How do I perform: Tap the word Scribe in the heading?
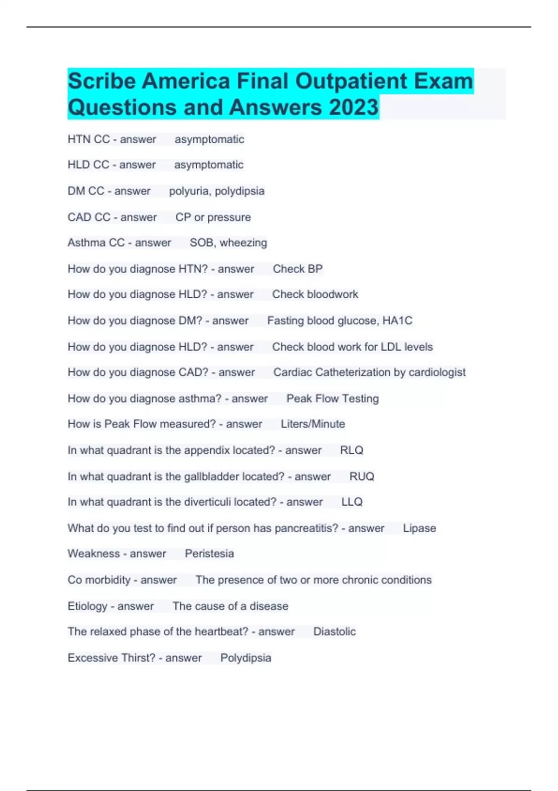point(102,81)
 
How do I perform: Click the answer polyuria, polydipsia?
point(217,191)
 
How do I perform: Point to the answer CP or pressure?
point(213,217)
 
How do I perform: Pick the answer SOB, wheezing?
point(228,243)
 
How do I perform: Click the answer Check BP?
point(298,269)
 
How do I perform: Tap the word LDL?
point(391,347)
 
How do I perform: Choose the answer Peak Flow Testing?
point(332,399)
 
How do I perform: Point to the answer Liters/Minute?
point(313,424)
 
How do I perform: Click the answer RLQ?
point(352,450)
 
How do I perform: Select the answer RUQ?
point(362,476)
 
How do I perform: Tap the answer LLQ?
point(352,502)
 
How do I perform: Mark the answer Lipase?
point(419,529)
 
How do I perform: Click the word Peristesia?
point(209,554)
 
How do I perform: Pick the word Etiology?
point(87,606)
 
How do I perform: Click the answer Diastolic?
point(334,632)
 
